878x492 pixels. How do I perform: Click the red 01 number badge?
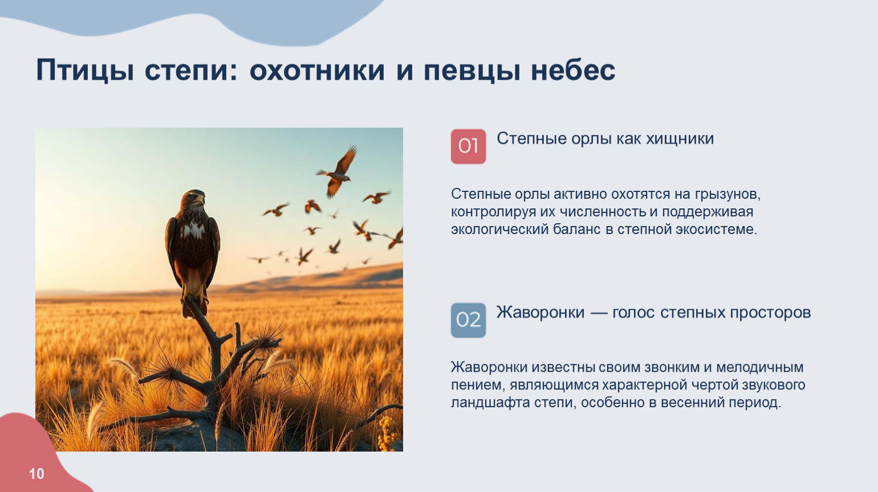click(x=468, y=146)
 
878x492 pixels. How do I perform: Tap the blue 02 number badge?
click(x=468, y=320)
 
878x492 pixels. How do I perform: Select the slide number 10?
click(x=36, y=474)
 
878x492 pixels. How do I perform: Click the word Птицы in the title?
click(x=85, y=71)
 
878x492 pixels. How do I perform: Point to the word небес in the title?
click(x=573, y=71)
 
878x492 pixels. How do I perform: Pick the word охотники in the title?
click(x=317, y=71)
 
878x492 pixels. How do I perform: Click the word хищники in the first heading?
click(x=680, y=139)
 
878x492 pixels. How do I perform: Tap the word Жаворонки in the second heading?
click(x=540, y=313)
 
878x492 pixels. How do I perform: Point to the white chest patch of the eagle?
click(x=193, y=231)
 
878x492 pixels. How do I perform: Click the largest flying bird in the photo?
click(x=338, y=171)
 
